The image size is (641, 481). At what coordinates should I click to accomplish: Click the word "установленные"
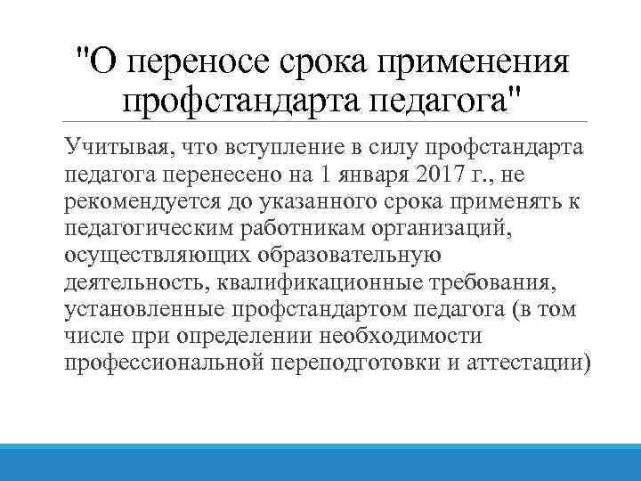click(x=142, y=310)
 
